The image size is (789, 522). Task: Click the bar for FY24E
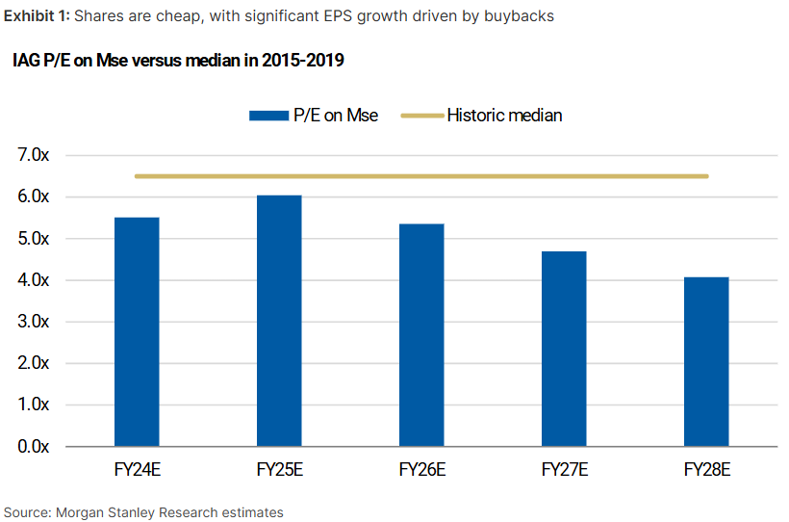coord(137,332)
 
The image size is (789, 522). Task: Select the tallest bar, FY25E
coord(279,321)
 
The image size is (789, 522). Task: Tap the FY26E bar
coord(421,335)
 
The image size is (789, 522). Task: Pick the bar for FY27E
coord(564,349)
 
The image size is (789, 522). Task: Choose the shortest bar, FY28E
coord(706,362)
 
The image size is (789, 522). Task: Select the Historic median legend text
coord(504,116)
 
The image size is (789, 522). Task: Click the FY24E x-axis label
coord(137,472)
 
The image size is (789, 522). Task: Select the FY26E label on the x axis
coord(421,472)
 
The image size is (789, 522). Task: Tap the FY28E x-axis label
coord(706,472)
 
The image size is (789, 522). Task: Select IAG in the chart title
coord(26,62)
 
